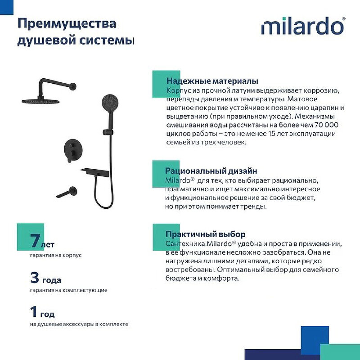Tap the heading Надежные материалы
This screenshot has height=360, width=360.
tap(212, 81)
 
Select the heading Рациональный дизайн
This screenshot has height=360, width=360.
tap(211, 171)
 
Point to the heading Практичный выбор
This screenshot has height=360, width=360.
tap(205, 234)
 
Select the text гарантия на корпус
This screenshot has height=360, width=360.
tap(56, 255)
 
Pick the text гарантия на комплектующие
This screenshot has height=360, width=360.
tap(68, 290)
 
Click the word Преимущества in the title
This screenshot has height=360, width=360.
tap(66, 23)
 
